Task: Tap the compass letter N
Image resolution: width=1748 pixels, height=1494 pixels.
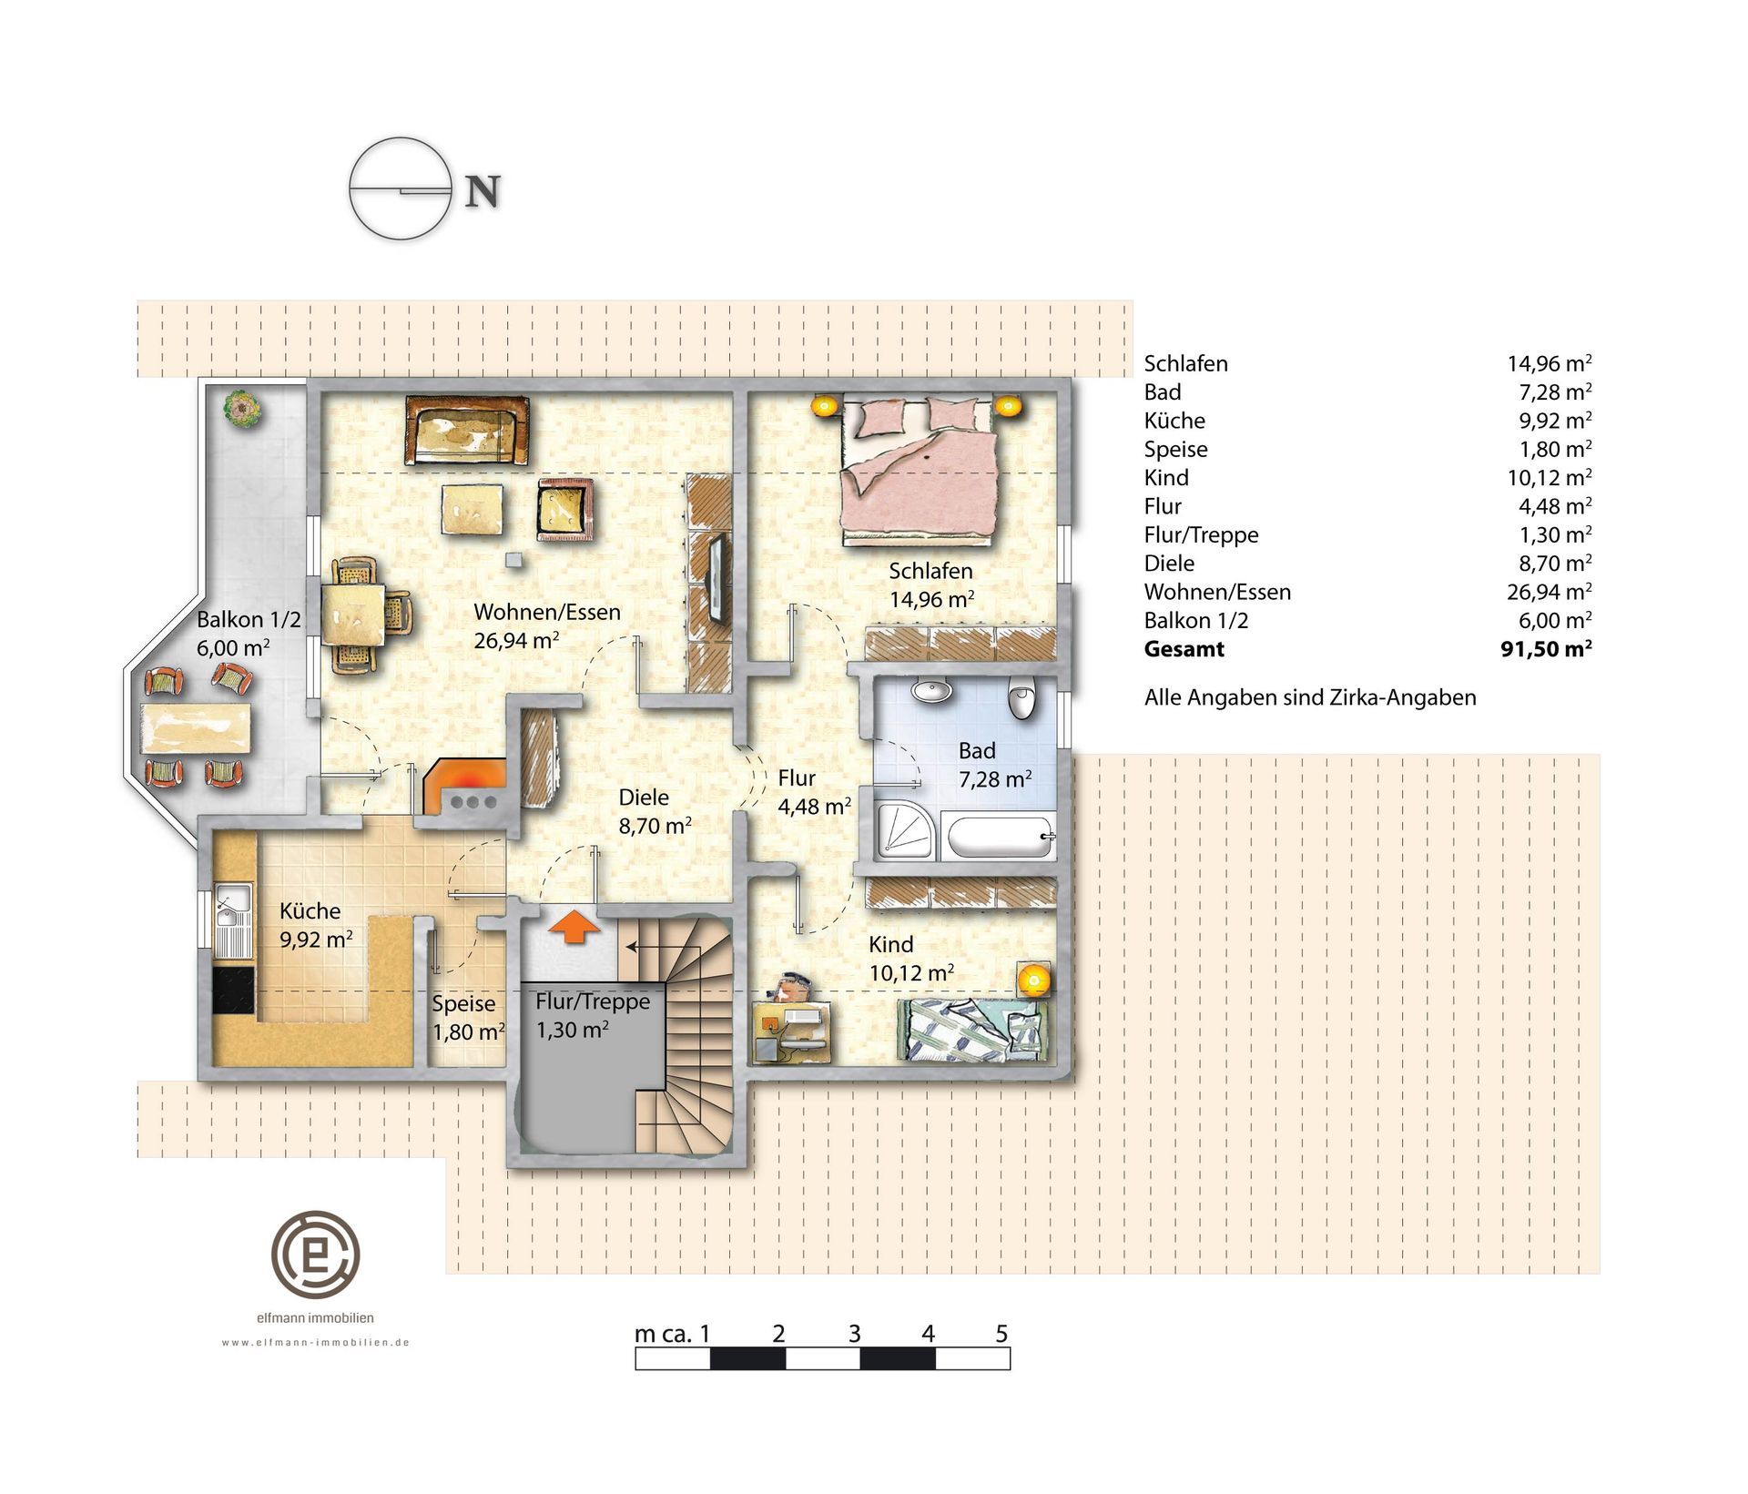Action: [x=483, y=191]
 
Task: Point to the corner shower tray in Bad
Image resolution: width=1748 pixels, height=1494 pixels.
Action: [x=907, y=831]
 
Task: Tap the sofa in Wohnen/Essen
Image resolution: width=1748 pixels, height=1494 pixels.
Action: [x=467, y=430]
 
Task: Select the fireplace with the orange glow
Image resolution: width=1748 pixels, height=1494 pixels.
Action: [x=464, y=788]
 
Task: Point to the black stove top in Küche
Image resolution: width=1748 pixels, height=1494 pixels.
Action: [x=232, y=990]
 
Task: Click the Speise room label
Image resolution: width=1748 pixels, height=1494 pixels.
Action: [x=464, y=1003]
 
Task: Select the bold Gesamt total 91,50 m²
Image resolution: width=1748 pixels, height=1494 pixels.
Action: [x=1546, y=649]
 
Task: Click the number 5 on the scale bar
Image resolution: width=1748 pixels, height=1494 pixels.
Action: [x=1001, y=1334]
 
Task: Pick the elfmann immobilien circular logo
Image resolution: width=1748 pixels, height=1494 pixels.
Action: [x=316, y=1255]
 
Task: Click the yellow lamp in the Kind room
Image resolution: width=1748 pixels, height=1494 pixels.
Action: [x=1032, y=980]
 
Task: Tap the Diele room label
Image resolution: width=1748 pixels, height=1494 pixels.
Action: [x=644, y=798]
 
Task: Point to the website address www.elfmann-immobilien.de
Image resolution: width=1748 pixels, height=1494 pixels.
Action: [x=316, y=1342]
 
